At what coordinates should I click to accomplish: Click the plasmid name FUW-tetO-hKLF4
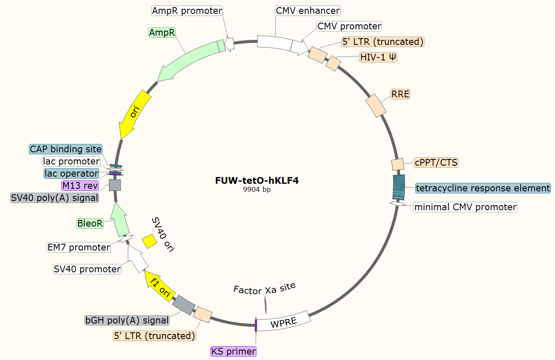257,181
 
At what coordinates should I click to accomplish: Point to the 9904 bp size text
257,189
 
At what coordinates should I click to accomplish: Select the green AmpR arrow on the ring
189,60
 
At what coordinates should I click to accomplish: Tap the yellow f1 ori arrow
160,287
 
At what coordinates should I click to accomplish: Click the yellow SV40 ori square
149,241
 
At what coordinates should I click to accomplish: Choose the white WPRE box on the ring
283,322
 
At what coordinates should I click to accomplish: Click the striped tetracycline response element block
398,188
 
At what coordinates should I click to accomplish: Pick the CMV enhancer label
308,10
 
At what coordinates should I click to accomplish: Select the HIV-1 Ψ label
378,57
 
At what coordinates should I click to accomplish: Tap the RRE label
400,94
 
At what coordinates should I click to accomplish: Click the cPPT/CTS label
436,162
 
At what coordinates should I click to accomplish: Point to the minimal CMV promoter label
465,207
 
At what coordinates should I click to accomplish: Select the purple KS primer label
233,351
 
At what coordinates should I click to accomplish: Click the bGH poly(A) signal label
127,320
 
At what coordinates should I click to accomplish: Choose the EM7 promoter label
79,247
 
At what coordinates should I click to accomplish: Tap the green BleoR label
90,223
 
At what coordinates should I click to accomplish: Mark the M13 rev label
80,185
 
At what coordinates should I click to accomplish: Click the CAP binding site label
66,149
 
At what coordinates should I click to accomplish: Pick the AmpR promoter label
187,10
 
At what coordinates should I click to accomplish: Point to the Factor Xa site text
264,289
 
